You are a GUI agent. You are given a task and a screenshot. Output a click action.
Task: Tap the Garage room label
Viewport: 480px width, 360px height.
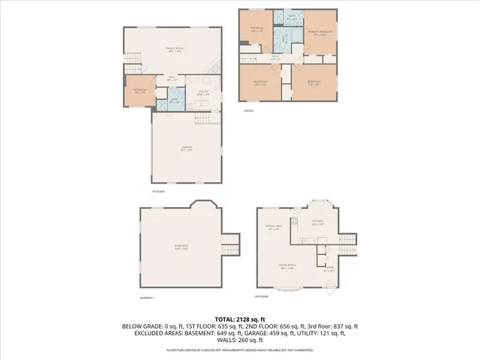click(187, 149)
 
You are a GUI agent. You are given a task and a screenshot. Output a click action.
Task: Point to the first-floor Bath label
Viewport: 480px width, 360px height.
click(173, 100)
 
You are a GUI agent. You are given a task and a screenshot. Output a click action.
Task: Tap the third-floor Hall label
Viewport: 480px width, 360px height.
click(275, 57)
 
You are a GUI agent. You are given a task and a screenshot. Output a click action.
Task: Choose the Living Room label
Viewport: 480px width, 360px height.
click(286, 266)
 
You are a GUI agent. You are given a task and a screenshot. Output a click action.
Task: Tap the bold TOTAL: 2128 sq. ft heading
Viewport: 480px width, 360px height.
click(239, 318)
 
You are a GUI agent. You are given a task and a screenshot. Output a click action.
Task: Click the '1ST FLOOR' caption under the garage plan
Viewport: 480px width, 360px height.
click(157, 192)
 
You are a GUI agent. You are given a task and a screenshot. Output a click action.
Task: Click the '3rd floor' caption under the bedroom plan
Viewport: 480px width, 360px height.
click(248, 109)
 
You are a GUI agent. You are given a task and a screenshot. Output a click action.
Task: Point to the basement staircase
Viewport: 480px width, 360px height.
click(229, 244)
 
